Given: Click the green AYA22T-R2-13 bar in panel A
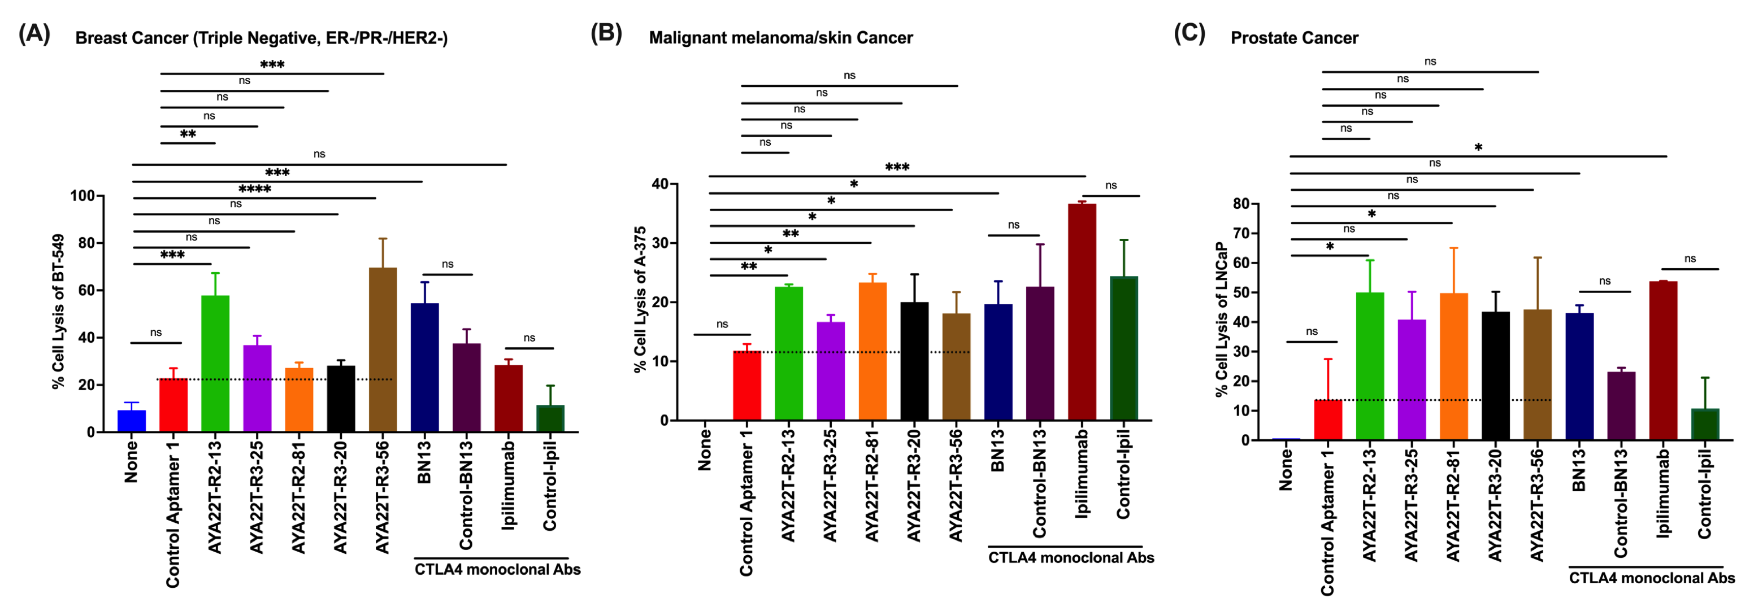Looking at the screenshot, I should pos(215,364).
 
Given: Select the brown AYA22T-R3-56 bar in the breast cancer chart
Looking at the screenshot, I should pos(383,351).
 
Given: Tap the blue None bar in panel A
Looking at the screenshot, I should pos(132,421).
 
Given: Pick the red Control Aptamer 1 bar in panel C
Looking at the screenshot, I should pos(1328,420).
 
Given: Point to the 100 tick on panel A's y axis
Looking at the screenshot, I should pos(83,196).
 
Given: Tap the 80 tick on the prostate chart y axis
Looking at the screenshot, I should pos(1240,203).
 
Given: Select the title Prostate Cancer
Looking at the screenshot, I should pos(1293,38).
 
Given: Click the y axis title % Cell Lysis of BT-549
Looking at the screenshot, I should pos(59,312).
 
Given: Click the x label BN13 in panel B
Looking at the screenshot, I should pos(998,450).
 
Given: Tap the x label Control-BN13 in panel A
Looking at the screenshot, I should pos(466,495).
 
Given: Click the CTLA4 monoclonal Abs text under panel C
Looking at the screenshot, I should pos(1652,578).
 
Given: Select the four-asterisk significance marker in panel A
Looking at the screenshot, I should pos(255,189).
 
